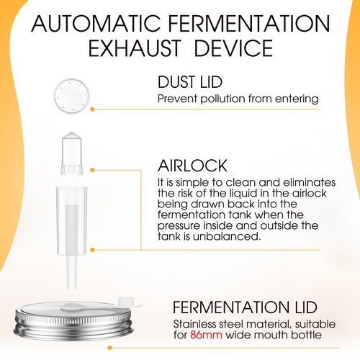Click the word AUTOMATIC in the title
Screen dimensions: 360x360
(x=96, y=24)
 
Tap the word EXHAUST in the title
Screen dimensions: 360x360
(x=135, y=48)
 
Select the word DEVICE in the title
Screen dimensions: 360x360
(x=233, y=48)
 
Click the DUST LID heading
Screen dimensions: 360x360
(x=190, y=82)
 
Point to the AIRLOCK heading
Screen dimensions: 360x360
(x=192, y=166)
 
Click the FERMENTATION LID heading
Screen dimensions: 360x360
(x=245, y=307)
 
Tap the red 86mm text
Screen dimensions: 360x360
(x=206, y=335)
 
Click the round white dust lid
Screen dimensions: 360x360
(x=71, y=96)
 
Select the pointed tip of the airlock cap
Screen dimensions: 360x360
(x=72, y=132)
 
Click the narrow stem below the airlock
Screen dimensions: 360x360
(x=71, y=272)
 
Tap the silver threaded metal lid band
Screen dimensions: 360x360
(x=73, y=321)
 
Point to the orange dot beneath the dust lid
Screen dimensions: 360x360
(x=92, y=109)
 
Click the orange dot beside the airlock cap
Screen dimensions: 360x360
(x=92, y=170)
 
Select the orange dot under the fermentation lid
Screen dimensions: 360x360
(x=110, y=348)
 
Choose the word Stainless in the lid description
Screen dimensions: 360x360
(x=194, y=324)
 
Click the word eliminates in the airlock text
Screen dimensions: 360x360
(x=309, y=182)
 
